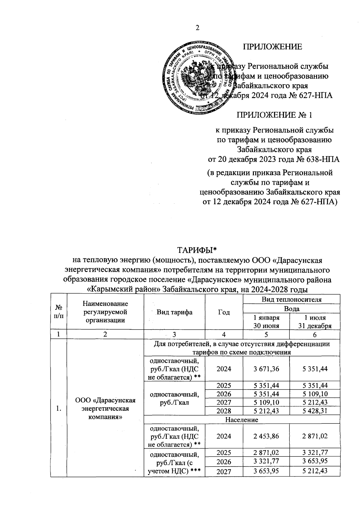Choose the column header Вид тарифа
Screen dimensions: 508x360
click(174, 312)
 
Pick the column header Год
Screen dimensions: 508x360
click(223, 312)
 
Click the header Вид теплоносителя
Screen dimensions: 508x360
click(291, 299)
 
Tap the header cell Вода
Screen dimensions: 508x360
click(291, 309)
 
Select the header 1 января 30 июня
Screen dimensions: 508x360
click(266, 321)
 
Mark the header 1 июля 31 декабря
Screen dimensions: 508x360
click(315, 321)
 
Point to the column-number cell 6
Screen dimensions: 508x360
click(315, 335)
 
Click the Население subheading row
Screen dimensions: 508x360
click(242, 420)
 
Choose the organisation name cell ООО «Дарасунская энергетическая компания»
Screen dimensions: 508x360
click(105, 408)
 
